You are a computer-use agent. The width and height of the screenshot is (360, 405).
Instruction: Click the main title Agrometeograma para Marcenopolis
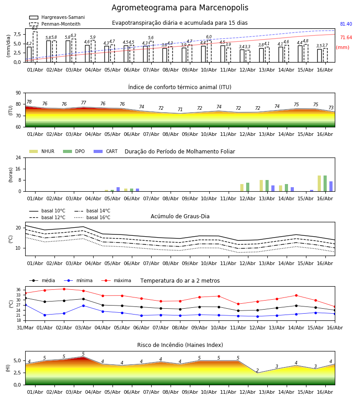click(x=180, y=8)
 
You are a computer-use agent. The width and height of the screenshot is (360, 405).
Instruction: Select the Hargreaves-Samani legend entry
click(x=57, y=17)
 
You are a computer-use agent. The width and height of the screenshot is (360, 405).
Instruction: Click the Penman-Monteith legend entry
click(x=55, y=24)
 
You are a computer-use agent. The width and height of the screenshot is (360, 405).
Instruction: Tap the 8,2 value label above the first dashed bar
click(x=35, y=28)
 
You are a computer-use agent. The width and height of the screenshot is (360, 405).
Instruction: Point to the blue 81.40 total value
click(x=346, y=24)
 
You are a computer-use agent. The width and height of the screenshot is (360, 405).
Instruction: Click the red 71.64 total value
click(x=346, y=38)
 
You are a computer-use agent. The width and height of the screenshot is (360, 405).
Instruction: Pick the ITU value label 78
click(x=29, y=102)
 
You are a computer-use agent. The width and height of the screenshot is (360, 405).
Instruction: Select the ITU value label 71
click(x=180, y=109)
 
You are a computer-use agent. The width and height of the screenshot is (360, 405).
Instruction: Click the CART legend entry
click(x=106, y=151)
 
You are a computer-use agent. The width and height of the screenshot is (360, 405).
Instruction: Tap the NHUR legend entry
click(x=42, y=151)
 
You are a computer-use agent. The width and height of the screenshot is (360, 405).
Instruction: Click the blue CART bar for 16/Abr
click(x=331, y=186)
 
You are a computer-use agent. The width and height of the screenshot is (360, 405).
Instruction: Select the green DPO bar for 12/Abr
click(x=248, y=187)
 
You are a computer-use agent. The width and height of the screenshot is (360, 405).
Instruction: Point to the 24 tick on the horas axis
click(x=18, y=158)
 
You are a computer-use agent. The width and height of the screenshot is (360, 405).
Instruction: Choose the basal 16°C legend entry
click(x=92, y=217)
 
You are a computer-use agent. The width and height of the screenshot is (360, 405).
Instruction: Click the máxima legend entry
click(x=116, y=280)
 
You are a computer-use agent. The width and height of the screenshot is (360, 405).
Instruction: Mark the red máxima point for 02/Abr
click(x=64, y=289)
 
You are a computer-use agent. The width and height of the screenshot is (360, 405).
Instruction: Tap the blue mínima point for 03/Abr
click(x=83, y=306)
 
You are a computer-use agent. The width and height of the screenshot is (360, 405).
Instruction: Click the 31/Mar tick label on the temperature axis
click(x=25, y=328)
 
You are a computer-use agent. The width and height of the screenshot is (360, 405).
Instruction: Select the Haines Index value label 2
click(x=257, y=370)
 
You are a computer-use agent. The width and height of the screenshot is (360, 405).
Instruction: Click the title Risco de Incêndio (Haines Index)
click(x=180, y=345)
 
